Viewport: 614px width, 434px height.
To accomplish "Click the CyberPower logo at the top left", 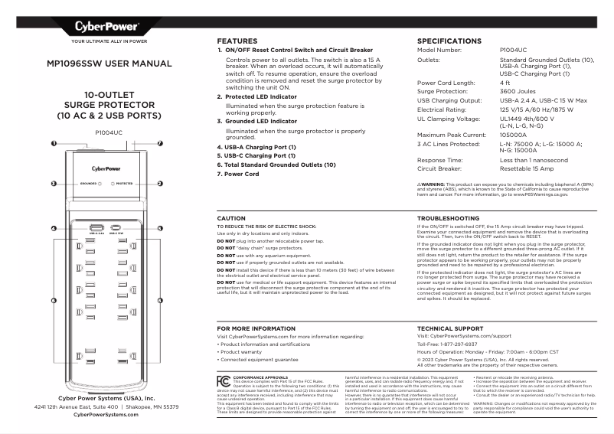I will click(x=106, y=28).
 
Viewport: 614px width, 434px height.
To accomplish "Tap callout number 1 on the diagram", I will click(x=54, y=143).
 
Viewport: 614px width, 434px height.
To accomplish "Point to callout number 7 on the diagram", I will click(x=160, y=143).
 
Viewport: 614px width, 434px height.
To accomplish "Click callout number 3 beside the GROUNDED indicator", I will click(x=54, y=184).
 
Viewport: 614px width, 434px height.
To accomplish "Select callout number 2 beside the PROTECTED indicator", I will click(x=160, y=184).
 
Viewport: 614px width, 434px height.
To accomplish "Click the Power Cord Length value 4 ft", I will click(x=505, y=83).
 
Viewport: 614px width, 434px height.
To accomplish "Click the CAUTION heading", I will click(x=232, y=218).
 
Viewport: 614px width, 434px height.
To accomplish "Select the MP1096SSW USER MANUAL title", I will click(x=106, y=66).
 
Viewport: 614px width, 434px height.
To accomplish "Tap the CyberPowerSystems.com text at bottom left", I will click(x=106, y=414).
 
